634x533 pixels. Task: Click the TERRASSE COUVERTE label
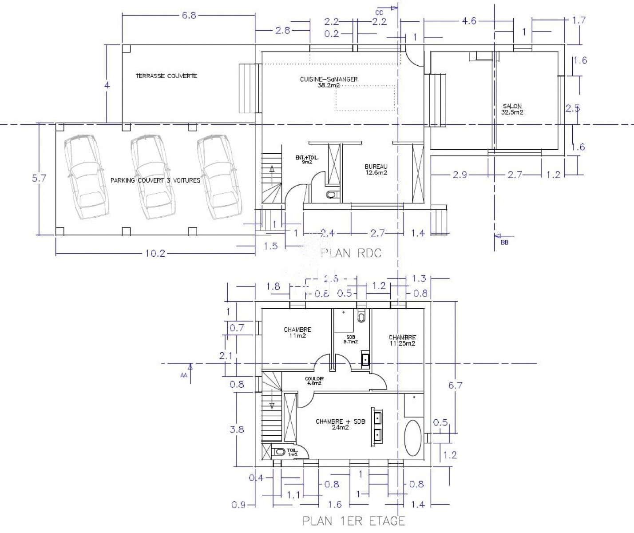click(166, 76)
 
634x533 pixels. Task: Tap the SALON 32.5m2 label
click(512, 109)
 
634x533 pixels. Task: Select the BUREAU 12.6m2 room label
click(376, 169)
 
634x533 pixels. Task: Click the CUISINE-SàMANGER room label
click(329, 82)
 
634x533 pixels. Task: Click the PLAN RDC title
click(351, 253)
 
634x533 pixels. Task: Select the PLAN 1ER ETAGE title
click(354, 521)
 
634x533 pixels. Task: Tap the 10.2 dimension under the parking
click(155, 254)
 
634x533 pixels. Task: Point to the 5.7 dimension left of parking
click(39, 178)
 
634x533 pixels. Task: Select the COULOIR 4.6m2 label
click(313, 381)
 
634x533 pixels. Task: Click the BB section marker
click(504, 243)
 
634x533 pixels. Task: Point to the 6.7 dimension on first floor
click(455, 385)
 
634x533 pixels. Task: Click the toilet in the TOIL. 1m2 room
click(280, 452)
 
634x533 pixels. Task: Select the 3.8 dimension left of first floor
click(238, 430)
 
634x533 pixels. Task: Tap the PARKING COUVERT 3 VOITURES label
click(155, 181)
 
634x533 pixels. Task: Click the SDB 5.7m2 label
click(351, 339)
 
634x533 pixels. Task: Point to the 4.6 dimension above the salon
click(469, 21)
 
